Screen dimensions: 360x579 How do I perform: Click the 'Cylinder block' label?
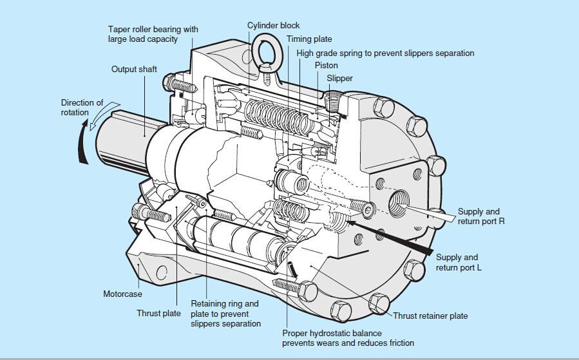pyautogui.click(x=274, y=26)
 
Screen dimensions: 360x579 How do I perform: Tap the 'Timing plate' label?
pyautogui.click(x=309, y=39)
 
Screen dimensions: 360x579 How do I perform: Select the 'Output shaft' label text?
pyautogui.click(x=134, y=69)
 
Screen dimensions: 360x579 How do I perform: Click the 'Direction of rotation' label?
pyautogui.click(x=82, y=108)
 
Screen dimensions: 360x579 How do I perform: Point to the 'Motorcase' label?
pyautogui.click(x=122, y=294)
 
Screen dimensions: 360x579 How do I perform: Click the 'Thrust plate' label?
pyautogui.click(x=157, y=314)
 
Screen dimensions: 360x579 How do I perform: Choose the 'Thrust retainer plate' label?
pyautogui.click(x=430, y=316)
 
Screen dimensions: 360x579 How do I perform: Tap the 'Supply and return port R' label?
pyautogui.click(x=479, y=216)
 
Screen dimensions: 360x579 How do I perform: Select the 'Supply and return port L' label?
pyautogui.click(x=457, y=263)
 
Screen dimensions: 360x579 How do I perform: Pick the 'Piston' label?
pyautogui.click(x=326, y=66)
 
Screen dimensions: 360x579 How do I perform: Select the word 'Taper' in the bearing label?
pyautogui.click(x=120, y=30)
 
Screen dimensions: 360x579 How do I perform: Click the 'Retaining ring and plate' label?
pyautogui.click(x=225, y=313)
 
